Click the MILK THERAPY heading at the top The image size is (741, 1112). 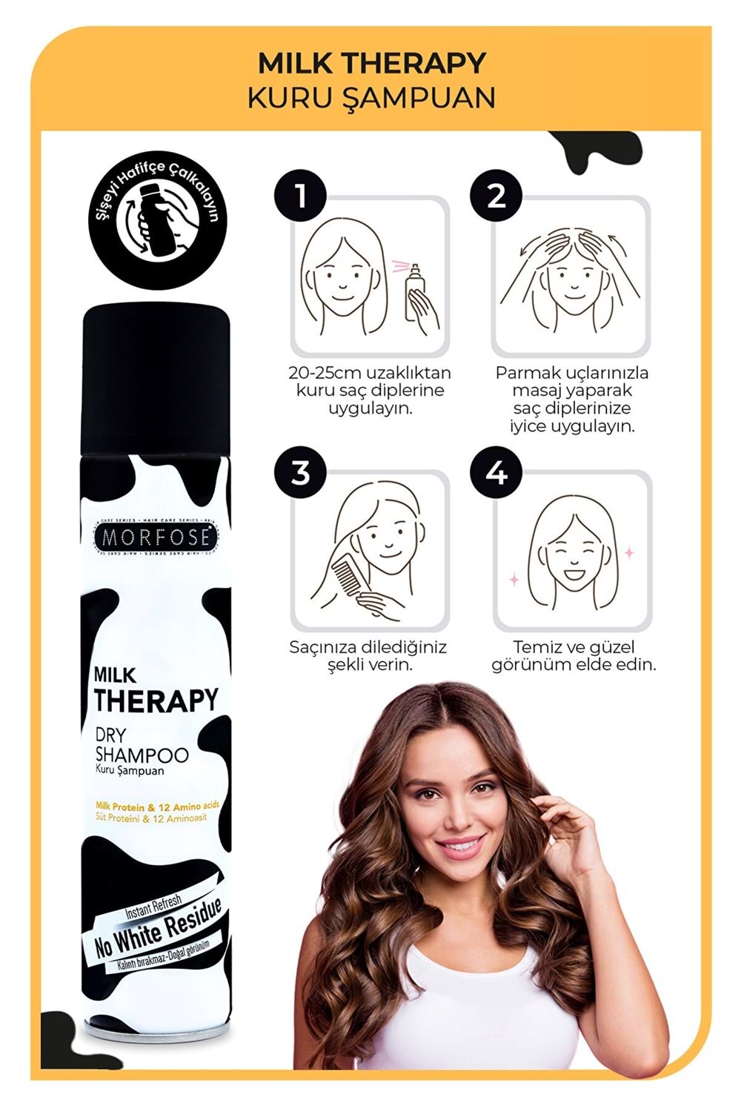pyautogui.click(x=371, y=64)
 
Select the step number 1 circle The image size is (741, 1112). pyautogui.click(x=300, y=196)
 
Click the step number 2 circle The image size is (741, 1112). pyautogui.click(x=496, y=196)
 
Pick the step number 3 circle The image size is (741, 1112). pyautogui.click(x=300, y=472)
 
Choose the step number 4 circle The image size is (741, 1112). pyautogui.click(x=496, y=472)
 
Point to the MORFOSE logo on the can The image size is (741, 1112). pyautogui.click(x=156, y=537)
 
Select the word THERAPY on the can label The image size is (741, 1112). pyautogui.click(x=156, y=700)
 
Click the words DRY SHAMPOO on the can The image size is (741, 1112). pyautogui.click(x=141, y=745)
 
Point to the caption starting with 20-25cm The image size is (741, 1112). pyautogui.click(x=370, y=391)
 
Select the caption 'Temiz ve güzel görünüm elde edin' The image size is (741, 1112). pyautogui.click(x=574, y=656)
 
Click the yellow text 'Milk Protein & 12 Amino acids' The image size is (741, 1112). pyautogui.click(x=157, y=807)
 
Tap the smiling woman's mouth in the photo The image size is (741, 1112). pyautogui.click(x=461, y=844)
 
